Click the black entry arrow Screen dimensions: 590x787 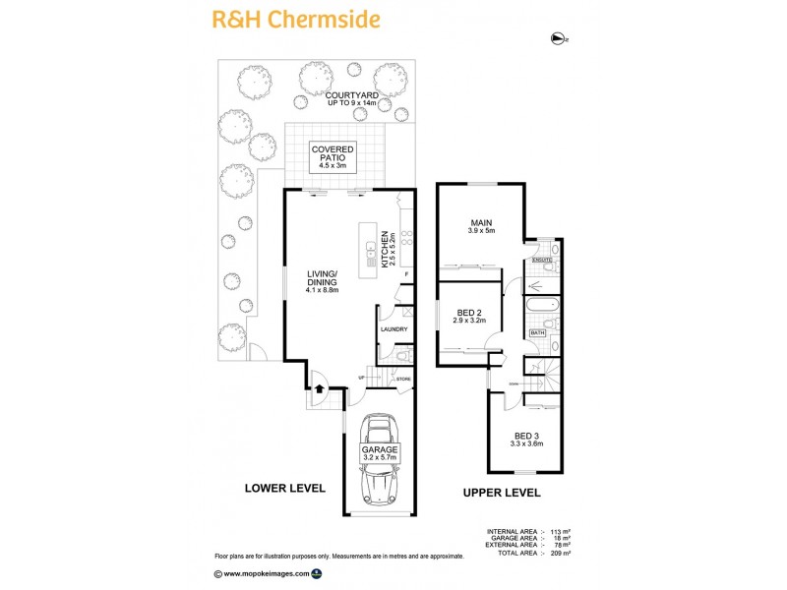[319, 389]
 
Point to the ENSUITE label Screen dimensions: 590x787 [542, 260]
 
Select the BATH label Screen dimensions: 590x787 [537, 333]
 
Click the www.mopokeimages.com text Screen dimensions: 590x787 [266, 572]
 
